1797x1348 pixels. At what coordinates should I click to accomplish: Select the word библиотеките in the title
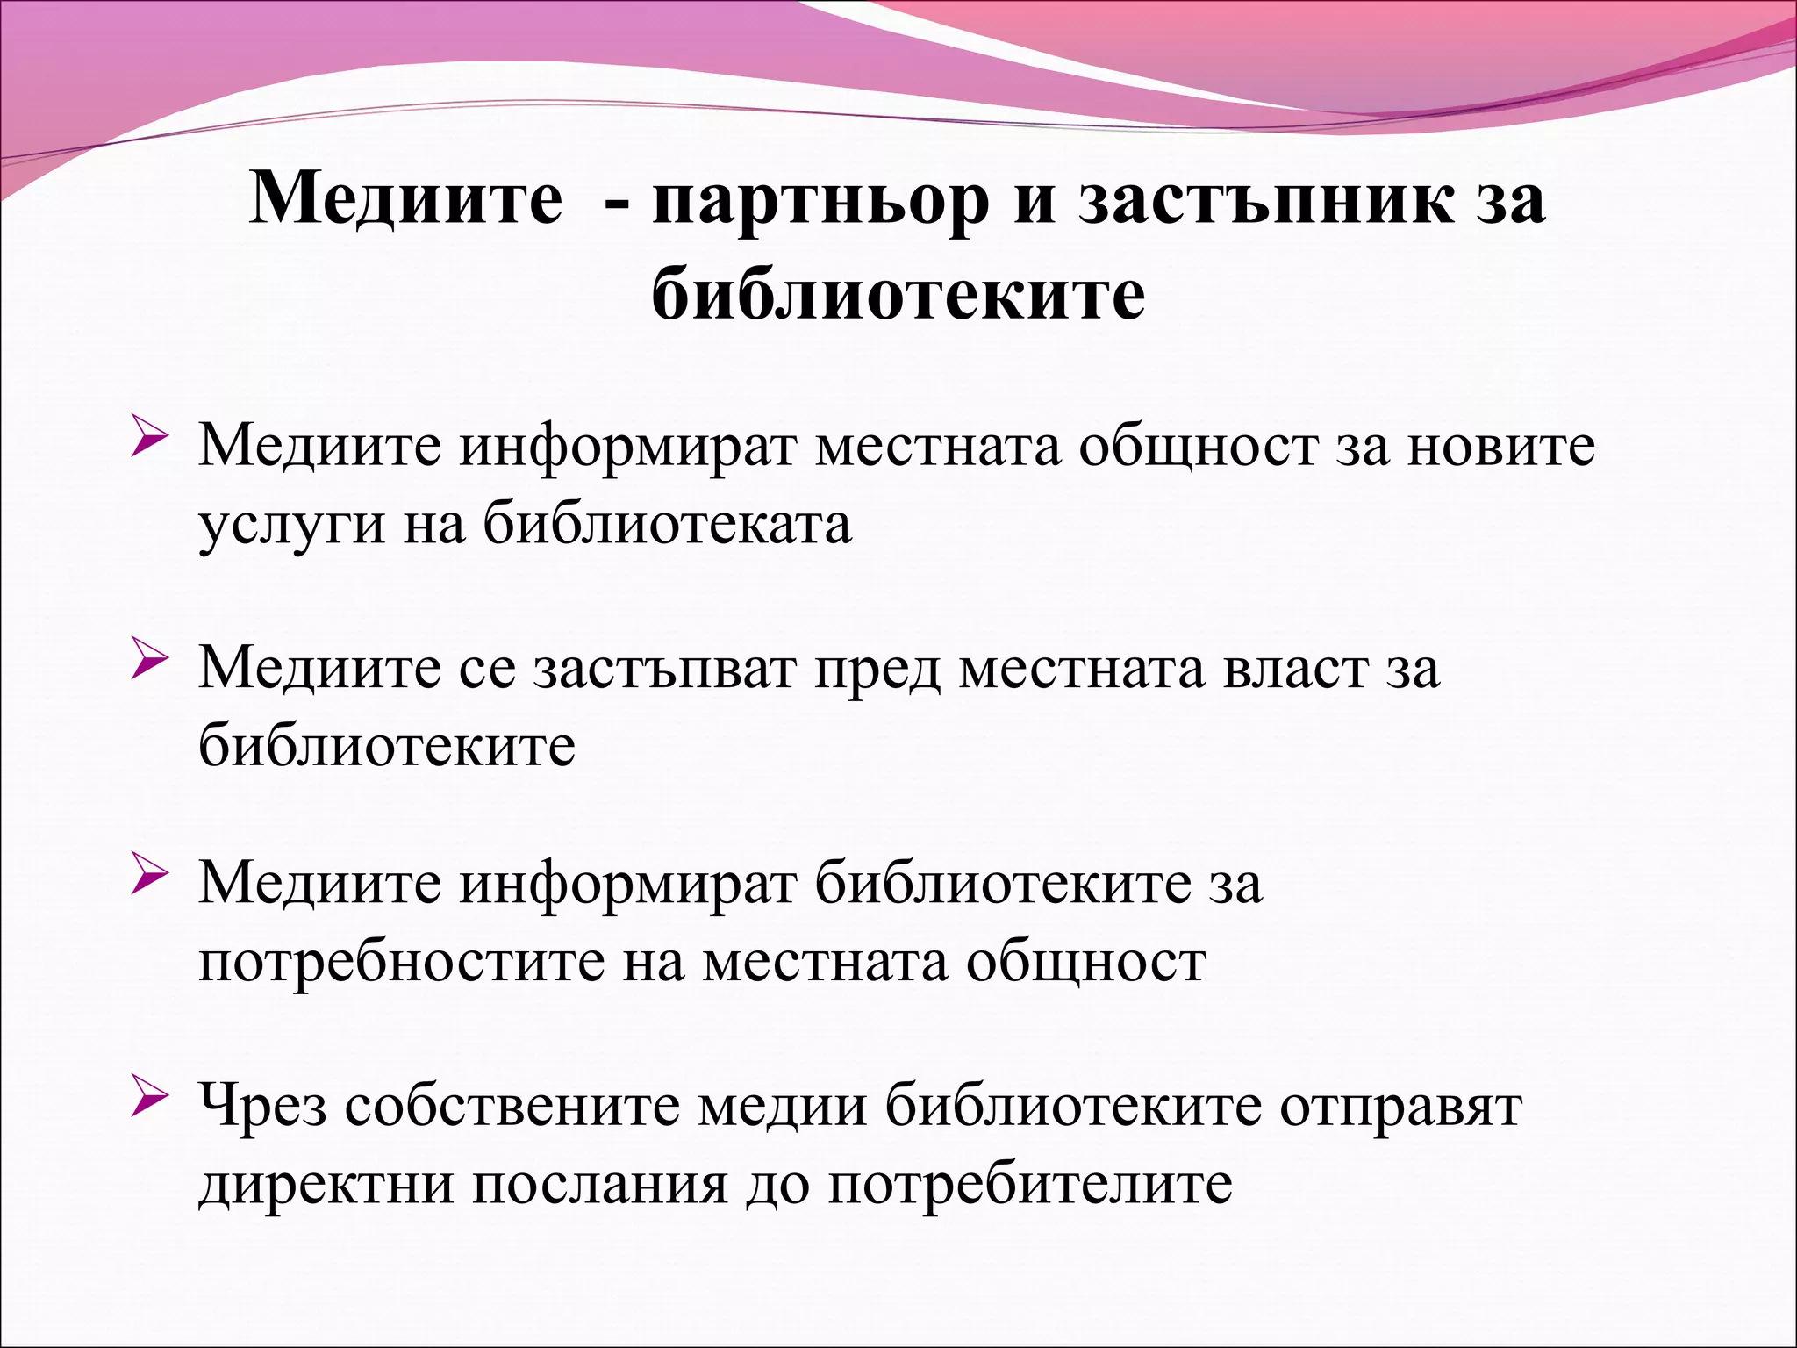[898, 293]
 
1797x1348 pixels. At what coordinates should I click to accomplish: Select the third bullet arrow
[148, 877]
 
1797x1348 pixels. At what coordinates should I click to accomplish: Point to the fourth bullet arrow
[148, 1100]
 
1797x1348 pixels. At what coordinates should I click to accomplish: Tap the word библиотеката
[667, 525]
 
